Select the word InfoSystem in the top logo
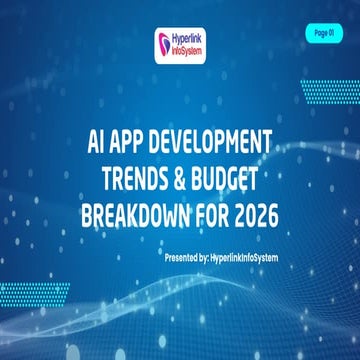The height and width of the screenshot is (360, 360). point(190,51)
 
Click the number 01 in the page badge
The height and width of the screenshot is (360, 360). point(332,33)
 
